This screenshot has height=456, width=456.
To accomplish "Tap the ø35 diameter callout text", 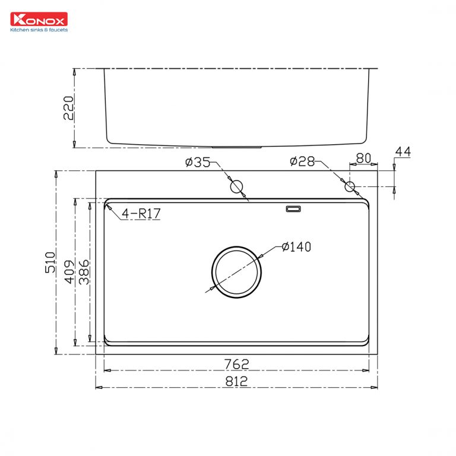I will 197,162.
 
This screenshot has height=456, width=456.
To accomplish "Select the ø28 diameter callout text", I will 302,161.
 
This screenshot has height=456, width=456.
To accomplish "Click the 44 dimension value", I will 403,153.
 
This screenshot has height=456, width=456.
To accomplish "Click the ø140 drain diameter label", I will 296,246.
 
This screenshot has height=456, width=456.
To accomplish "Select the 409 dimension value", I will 69,271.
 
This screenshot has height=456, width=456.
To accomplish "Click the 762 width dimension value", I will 236,363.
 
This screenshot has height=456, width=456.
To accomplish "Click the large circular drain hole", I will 237,272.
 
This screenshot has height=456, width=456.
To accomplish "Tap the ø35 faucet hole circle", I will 237,186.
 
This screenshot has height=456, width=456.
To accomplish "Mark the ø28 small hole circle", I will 350,186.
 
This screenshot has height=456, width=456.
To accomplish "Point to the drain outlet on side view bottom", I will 237,146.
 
